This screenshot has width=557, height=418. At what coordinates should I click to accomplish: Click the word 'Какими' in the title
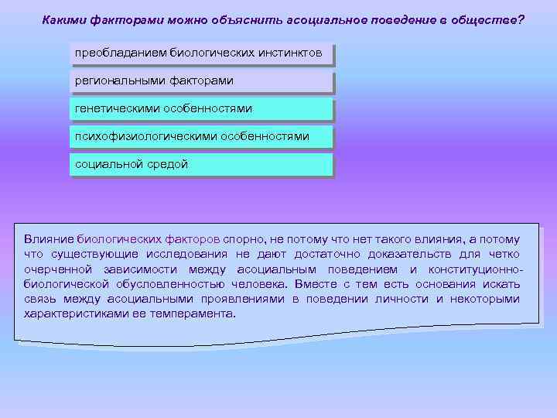(x=65, y=19)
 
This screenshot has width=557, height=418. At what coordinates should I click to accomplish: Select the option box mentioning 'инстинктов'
(x=201, y=55)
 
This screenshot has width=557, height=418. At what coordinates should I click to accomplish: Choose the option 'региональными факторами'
(x=201, y=81)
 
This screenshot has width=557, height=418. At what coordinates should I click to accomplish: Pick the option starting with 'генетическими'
(x=201, y=109)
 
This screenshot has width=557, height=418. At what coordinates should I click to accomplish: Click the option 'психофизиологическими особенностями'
(x=201, y=137)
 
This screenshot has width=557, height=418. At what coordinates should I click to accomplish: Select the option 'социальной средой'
(x=201, y=165)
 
